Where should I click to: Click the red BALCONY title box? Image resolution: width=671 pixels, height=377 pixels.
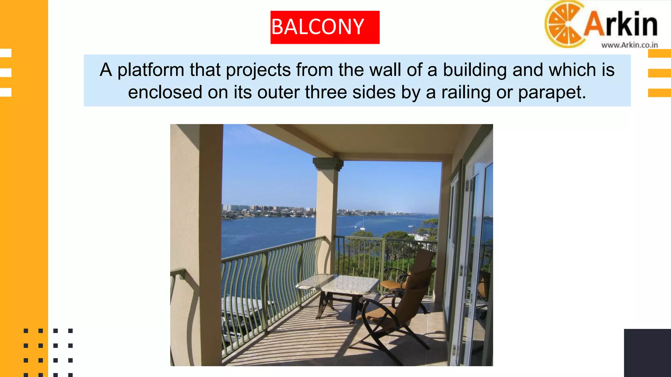pyautogui.click(x=325, y=27)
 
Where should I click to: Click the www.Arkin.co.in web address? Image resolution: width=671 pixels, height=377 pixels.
pyautogui.click(x=629, y=45)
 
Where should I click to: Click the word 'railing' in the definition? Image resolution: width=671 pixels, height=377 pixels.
pyautogui.click(x=466, y=92)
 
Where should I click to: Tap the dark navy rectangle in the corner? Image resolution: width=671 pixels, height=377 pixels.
pyautogui.click(x=647, y=353)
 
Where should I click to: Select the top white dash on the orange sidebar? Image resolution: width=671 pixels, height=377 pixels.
pyautogui.click(x=6, y=53)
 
